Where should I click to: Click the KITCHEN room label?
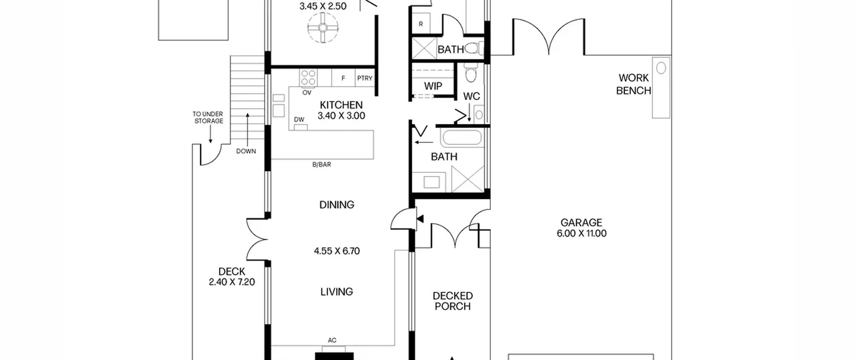[x=341, y=105]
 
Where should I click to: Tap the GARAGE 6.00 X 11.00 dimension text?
[x=581, y=233]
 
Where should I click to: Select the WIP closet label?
[x=433, y=86]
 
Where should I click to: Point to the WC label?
[x=471, y=96]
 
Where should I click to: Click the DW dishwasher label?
[x=299, y=120]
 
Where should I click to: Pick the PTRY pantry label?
[x=365, y=78]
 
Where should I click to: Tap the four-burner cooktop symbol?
[x=308, y=78]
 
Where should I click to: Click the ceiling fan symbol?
[x=323, y=27]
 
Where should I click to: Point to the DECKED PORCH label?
[x=453, y=301]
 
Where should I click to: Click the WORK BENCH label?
[x=633, y=84]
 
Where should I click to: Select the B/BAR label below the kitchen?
[x=322, y=165]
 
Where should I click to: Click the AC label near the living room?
[x=332, y=341]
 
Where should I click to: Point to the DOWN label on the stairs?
[x=246, y=151]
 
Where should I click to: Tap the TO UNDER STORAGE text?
[x=208, y=118]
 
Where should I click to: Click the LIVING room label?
[x=336, y=292]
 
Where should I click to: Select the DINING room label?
[x=337, y=205]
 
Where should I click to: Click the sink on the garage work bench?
[x=661, y=68]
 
